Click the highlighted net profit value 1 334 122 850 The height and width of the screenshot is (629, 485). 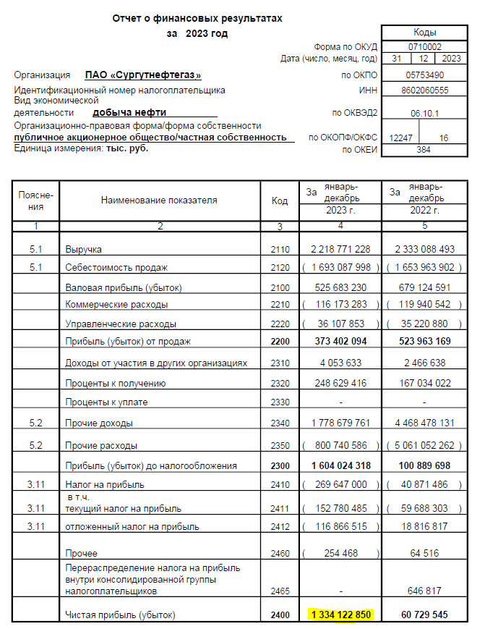[340, 615]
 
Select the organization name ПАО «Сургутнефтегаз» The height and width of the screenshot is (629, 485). [148, 75]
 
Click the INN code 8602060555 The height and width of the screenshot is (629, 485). [424, 90]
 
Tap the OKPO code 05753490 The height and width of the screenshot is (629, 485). [424, 75]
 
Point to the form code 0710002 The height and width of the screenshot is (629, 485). [424, 46]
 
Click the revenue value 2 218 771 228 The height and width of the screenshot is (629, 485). [340, 249]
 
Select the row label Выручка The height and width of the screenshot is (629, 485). [83, 250]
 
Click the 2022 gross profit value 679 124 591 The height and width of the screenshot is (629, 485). [424, 287]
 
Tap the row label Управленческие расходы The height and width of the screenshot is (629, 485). [120, 324]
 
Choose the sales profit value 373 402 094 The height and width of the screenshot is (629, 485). [340, 341]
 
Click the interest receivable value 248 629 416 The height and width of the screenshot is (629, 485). [340, 384]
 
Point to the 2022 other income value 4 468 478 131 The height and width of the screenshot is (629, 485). [424, 423]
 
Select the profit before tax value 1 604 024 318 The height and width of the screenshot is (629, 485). [340, 465]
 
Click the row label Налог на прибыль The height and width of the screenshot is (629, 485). [97, 485]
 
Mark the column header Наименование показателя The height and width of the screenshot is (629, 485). [159, 200]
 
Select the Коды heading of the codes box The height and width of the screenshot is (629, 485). [424, 33]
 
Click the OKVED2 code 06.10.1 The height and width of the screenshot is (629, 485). [424, 114]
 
